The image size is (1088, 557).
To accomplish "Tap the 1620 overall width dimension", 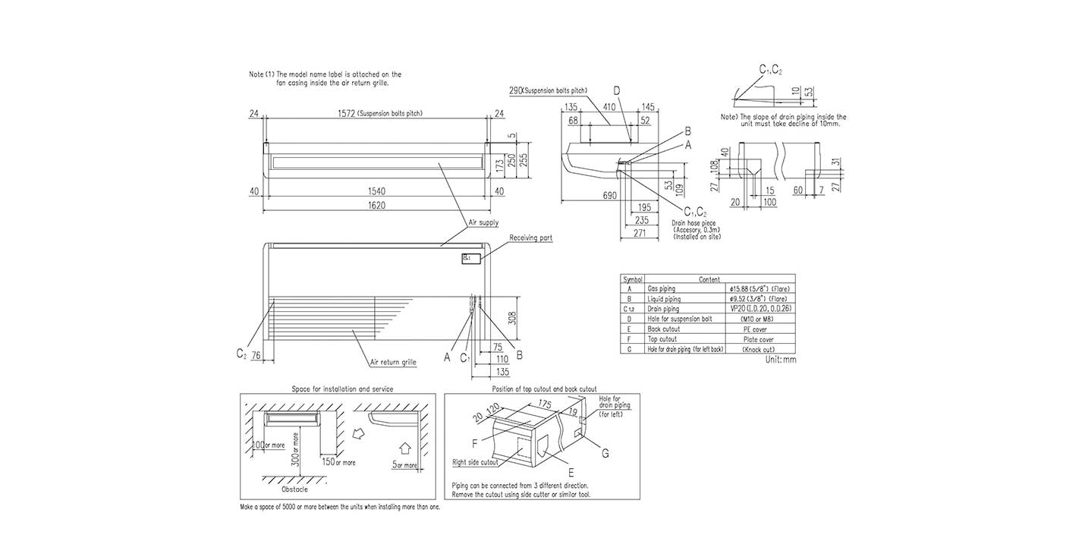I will [377, 205].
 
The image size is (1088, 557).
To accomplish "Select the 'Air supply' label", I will [483, 222].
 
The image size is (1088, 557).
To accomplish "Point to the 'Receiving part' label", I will [531, 238].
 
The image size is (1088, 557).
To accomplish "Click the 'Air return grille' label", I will [393, 363].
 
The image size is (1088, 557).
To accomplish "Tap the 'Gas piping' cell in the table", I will [663, 289].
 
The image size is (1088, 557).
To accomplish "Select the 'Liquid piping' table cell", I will [665, 299].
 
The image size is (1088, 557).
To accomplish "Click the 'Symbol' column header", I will [632, 279].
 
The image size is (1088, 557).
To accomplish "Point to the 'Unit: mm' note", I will [781, 359].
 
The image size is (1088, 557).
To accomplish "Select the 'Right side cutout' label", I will [475, 461].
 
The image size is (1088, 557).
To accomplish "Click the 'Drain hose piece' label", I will [693, 223].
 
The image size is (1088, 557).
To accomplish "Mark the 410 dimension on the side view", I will [608, 107].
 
